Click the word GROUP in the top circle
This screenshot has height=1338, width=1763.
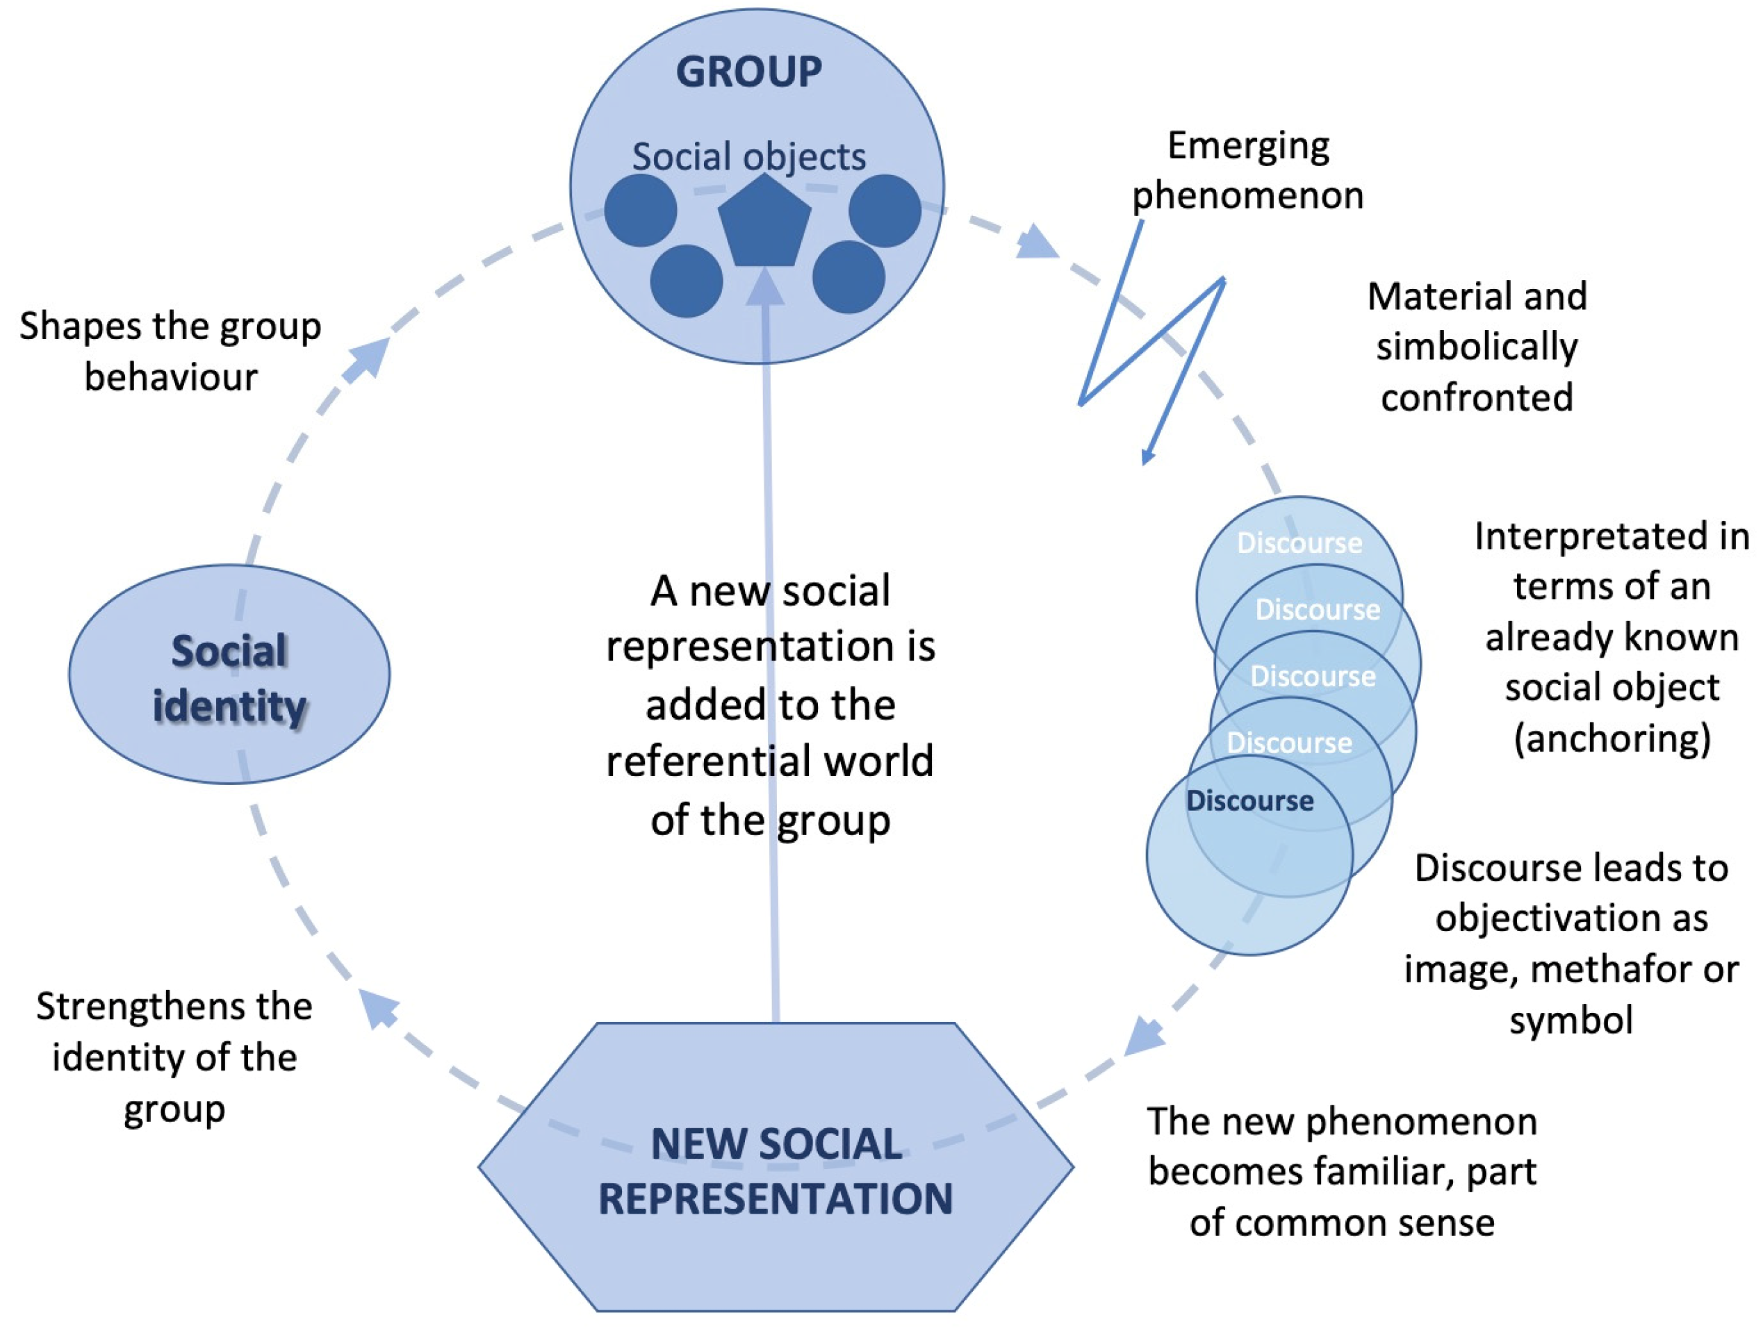coord(749,72)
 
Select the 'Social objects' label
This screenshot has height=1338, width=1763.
coord(749,156)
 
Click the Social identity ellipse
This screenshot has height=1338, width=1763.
coord(229,674)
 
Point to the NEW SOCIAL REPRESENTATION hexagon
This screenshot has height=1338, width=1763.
coord(776,1168)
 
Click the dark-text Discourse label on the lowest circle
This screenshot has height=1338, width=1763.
coord(1249,801)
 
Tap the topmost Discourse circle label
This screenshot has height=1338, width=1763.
coord(1300,543)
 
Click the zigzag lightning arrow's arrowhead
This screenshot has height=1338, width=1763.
coord(1147,456)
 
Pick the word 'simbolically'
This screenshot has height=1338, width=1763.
coord(1477,347)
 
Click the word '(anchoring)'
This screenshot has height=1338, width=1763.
coord(1612,738)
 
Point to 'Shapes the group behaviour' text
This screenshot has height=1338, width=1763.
coord(170,352)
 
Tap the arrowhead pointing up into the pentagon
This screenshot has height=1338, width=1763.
coord(764,286)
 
